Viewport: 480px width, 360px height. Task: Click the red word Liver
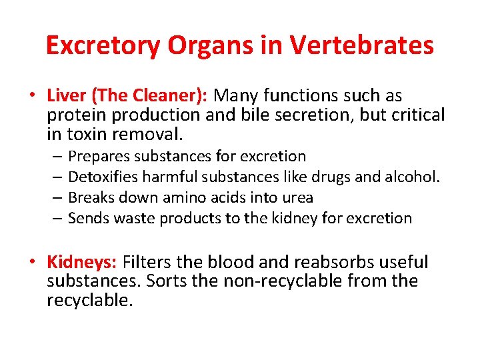(x=65, y=96)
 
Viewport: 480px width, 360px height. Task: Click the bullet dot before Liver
(x=31, y=96)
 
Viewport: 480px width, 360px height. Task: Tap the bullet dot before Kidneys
(x=31, y=262)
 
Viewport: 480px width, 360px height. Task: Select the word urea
(x=298, y=198)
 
